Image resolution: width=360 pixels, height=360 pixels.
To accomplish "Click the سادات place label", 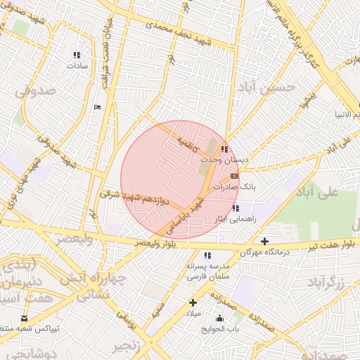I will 76,65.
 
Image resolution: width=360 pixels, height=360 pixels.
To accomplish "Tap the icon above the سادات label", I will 77,54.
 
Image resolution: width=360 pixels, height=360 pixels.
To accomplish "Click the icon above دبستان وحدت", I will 224,149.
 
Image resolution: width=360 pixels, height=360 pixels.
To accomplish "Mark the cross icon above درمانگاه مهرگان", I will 264,241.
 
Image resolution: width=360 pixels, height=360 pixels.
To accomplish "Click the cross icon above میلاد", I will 192,302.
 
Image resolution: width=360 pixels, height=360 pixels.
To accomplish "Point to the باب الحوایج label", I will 221,328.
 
